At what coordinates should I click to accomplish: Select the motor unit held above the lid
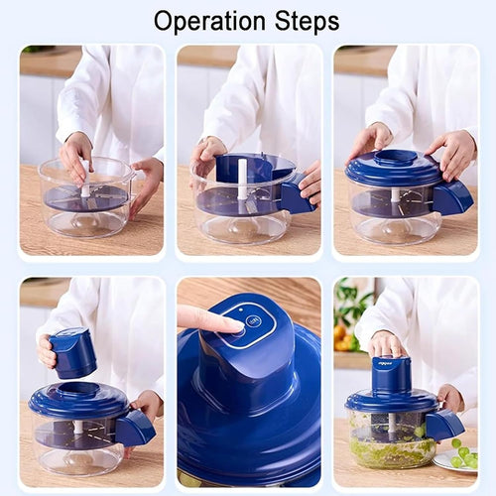click(x=74, y=354)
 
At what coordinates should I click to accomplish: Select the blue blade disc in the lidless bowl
click(x=87, y=198)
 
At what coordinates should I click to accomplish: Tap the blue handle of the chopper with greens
click(x=443, y=425)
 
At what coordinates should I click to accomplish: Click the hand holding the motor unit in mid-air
click(x=48, y=350)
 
